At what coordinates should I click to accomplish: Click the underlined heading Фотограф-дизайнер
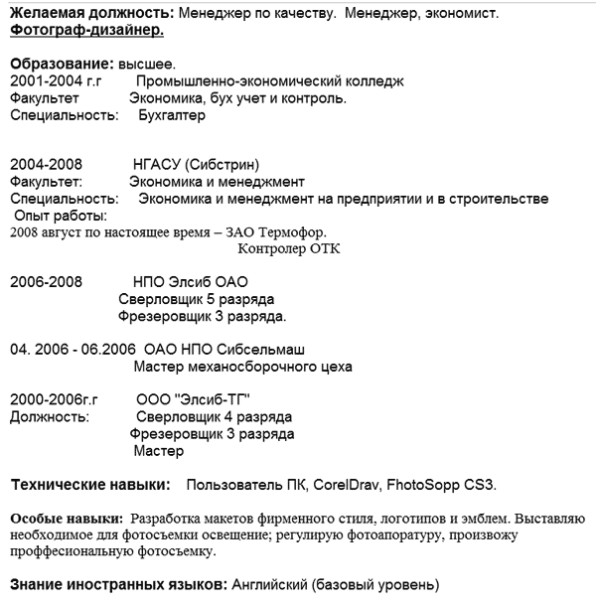[x=86, y=31]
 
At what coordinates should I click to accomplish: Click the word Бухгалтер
[x=172, y=115]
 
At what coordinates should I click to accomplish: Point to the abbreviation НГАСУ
[x=159, y=165]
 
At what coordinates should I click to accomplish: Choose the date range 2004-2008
[x=46, y=165]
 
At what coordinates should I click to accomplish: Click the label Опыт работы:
[x=61, y=216]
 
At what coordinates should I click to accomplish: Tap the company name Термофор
[x=293, y=232]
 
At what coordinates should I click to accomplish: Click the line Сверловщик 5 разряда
[x=196, y=299]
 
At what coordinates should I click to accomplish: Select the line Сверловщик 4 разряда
[x=213, y=417]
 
